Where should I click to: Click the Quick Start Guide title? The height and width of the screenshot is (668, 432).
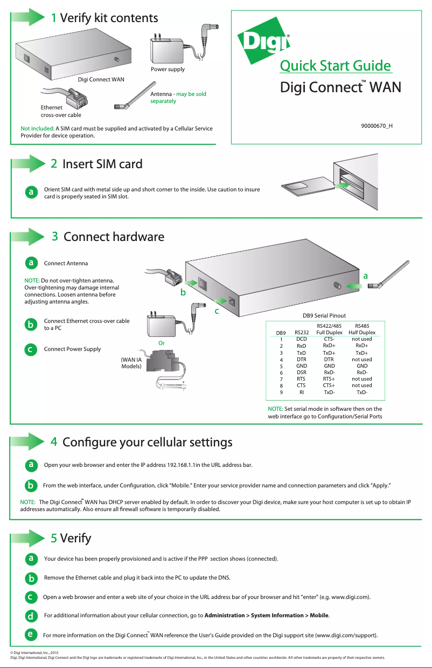(x=335, y=66)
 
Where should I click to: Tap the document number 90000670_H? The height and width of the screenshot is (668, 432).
(x=376, y=126)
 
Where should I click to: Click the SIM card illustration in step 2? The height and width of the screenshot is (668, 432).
(x=301, y=187)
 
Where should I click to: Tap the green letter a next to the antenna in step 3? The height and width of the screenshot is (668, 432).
(x=366, y=276)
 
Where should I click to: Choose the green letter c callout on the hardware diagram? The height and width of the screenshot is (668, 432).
(x=217, y=311)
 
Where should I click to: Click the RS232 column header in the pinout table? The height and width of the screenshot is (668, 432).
(x=302, y=333)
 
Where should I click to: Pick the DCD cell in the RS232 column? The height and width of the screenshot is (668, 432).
(x=302, y=339)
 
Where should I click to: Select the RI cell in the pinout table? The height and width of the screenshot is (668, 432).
(x=302, y=392)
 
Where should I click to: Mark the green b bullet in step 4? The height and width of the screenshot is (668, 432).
(x=32, y=485)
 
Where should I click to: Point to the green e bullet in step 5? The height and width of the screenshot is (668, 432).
(x=32, y=634)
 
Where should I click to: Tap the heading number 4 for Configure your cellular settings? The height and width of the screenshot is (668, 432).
(x=54, y=442)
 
